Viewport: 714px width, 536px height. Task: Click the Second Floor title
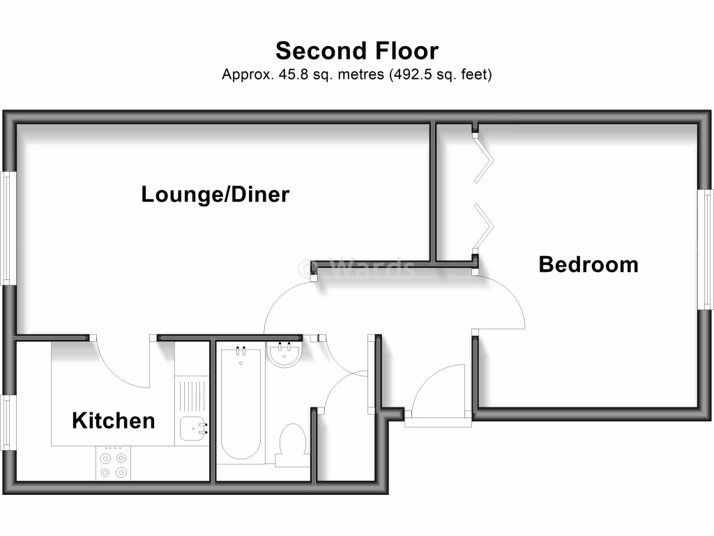357,51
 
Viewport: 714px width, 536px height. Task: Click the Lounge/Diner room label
215,194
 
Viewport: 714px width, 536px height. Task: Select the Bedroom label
588,265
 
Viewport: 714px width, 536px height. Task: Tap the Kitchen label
113,421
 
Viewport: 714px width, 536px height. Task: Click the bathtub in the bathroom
241,405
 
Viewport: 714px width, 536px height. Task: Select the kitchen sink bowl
192,429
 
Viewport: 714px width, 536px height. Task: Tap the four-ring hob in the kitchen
113,466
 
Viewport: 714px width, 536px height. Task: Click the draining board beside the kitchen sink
192,395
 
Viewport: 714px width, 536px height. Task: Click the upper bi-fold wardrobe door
485,158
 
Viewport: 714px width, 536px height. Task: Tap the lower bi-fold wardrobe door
485,225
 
